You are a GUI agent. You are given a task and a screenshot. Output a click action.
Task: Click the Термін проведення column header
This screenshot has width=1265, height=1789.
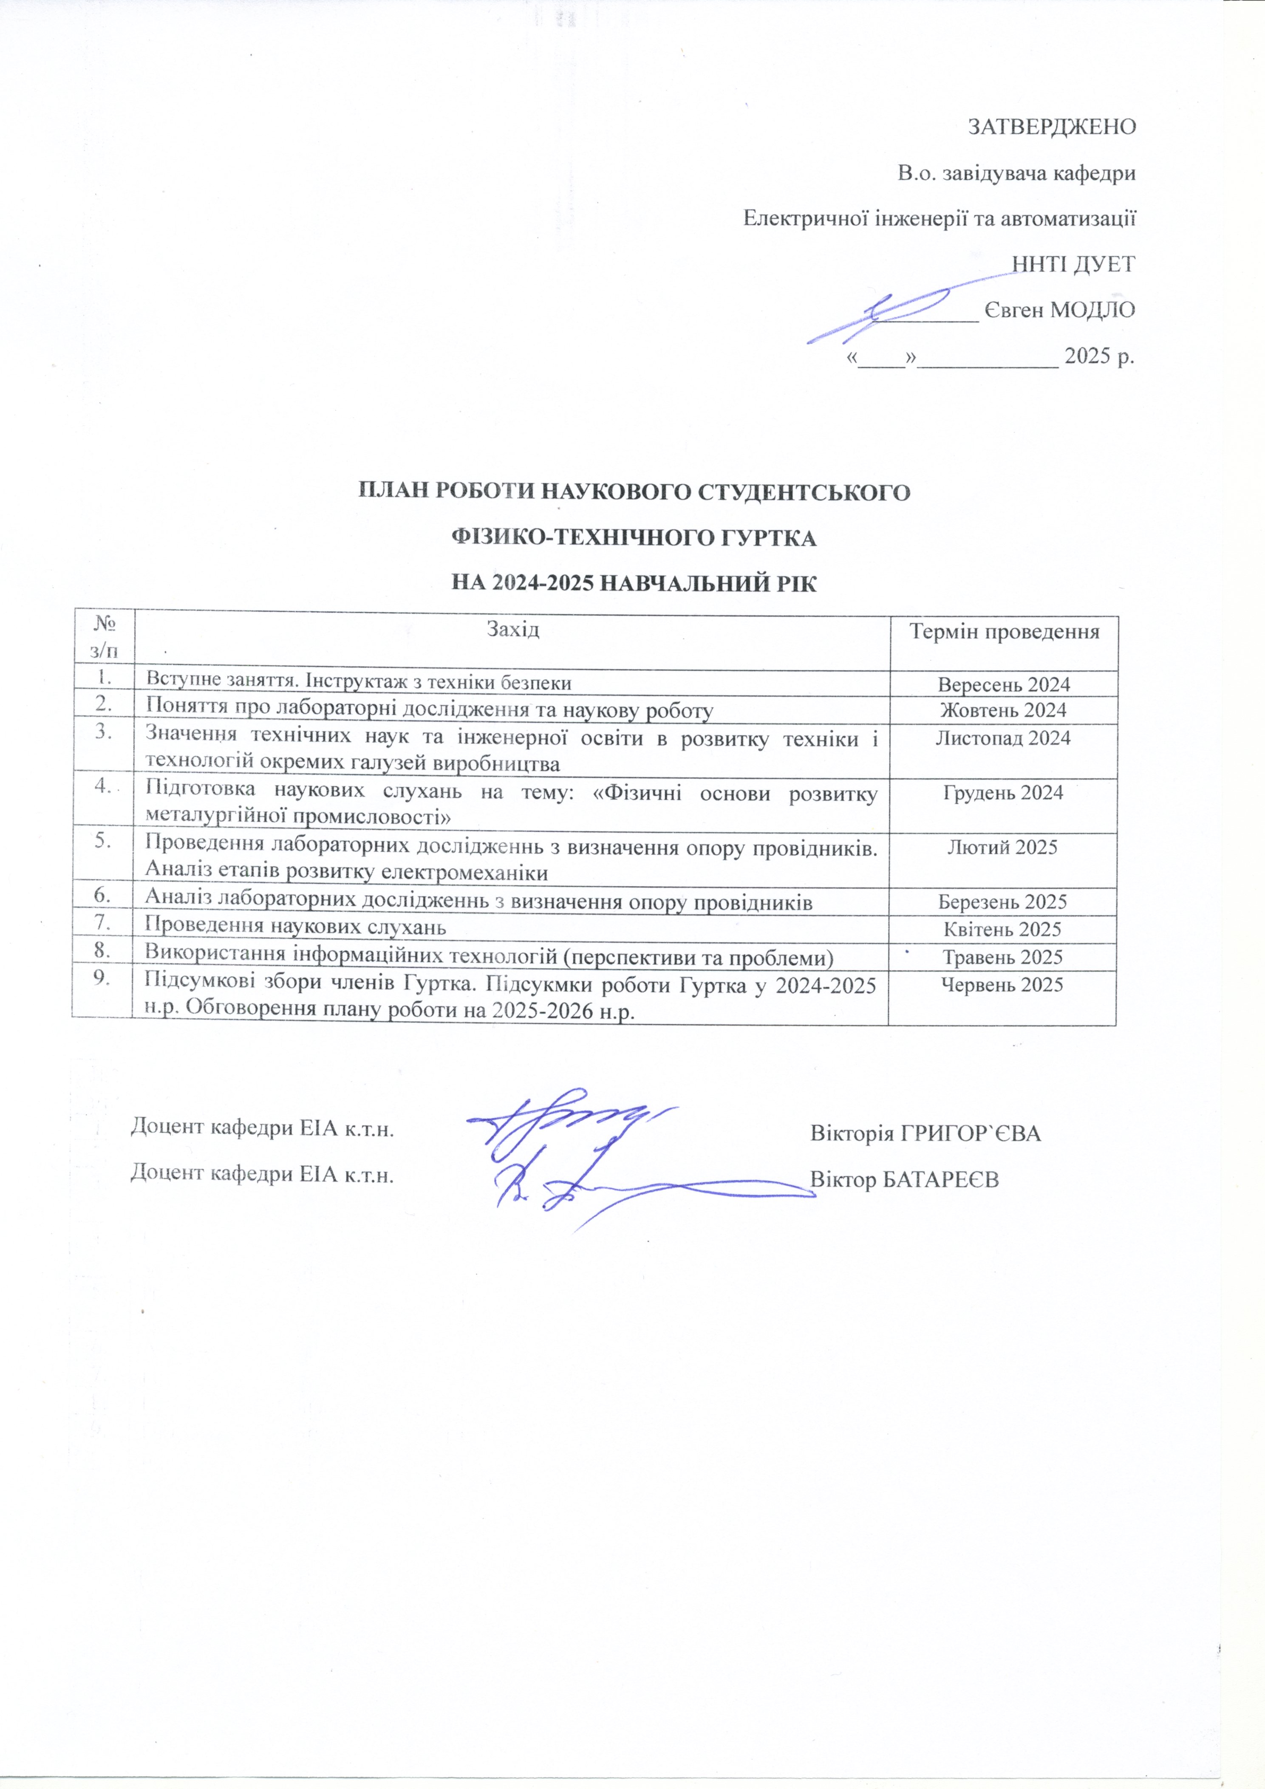click(x=1005, y=631)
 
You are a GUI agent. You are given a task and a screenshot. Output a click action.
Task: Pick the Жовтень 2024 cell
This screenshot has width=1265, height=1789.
click(x=1003, y=711)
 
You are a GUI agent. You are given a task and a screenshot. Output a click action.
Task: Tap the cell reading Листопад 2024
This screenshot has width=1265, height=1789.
click(x=1003, y=738)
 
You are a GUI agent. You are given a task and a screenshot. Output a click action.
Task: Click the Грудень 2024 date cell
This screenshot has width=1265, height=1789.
click(x=1003, y=792)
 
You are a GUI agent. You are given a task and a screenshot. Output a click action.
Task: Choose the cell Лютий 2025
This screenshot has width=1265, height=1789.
click(x=1002, y=847)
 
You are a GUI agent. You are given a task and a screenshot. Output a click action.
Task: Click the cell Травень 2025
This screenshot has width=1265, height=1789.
click(x=1002, y=957)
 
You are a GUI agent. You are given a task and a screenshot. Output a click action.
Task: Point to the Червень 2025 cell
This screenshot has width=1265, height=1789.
click(x=1002, y=985)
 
